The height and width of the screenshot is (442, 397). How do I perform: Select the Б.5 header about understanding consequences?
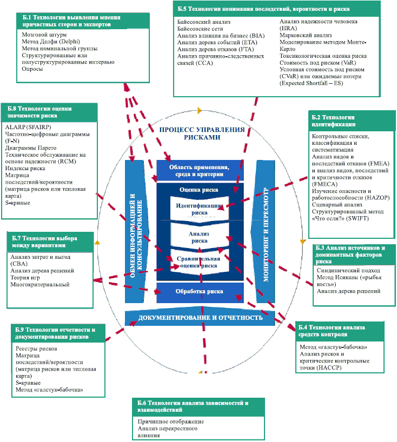point(264,9)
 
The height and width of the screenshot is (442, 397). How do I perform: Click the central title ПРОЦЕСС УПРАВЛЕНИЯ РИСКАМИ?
point(197,133)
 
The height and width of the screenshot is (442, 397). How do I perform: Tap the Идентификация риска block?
point(199,209)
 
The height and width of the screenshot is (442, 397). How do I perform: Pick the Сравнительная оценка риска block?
point(199,262)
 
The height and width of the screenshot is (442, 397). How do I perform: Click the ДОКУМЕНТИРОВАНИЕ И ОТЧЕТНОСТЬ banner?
point(200,318)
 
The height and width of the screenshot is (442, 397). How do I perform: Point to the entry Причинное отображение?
point(170,421)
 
